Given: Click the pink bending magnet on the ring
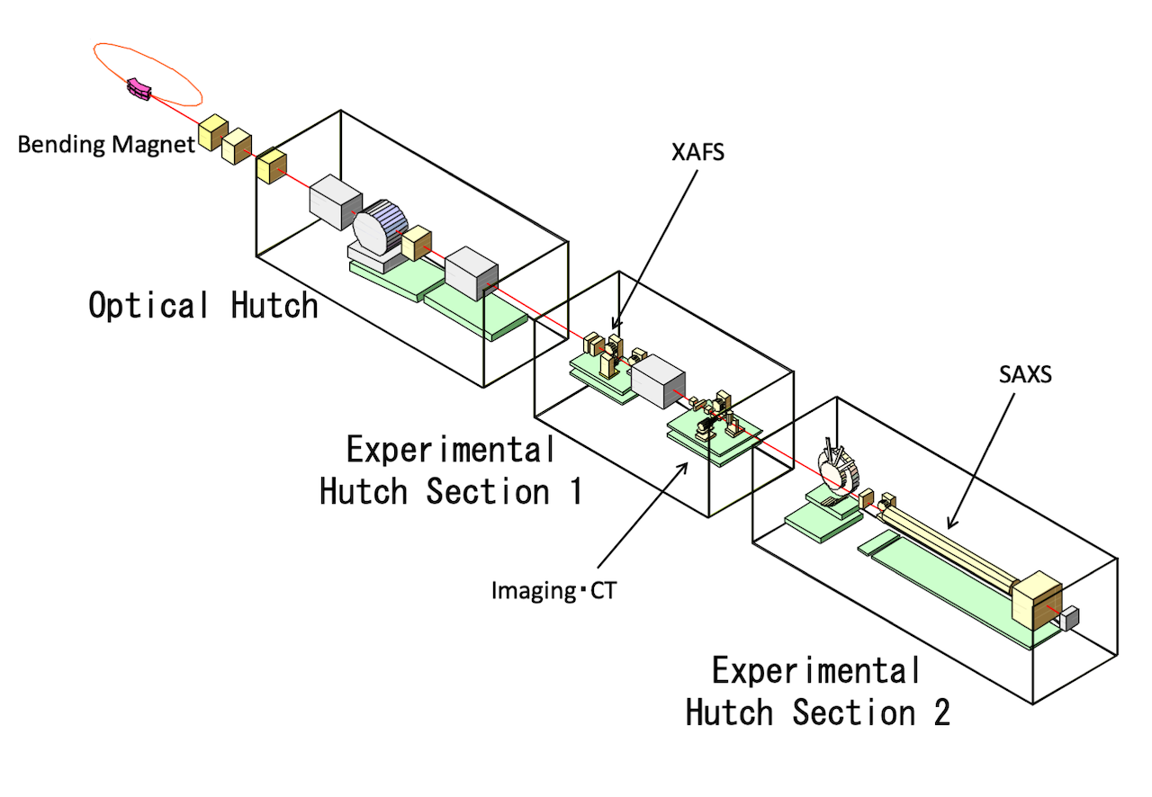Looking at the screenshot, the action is tap(139, 89).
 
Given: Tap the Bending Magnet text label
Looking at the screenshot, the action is tap(106, 145).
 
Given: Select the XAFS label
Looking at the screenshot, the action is tap(697, 152).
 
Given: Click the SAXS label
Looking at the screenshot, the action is tap(1025, 374).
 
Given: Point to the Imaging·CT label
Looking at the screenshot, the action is tap(553, 590).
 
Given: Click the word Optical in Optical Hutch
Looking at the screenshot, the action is tap(148, 305).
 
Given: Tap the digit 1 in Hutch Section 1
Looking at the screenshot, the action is tap(577, 490).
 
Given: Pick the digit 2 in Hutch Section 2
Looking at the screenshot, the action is tap(941, 712).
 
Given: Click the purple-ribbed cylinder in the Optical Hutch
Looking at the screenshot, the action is tap(380, 227).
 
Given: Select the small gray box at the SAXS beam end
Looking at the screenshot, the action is tap(1068, 618).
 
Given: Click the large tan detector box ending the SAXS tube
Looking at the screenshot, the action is tap(1036, 601).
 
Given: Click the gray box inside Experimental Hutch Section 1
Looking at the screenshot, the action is tap(658, 381).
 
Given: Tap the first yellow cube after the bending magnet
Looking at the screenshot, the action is tap(213, 132).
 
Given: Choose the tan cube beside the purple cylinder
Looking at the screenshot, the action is tap(416, 243).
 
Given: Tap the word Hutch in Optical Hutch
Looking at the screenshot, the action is tap(274, 305).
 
